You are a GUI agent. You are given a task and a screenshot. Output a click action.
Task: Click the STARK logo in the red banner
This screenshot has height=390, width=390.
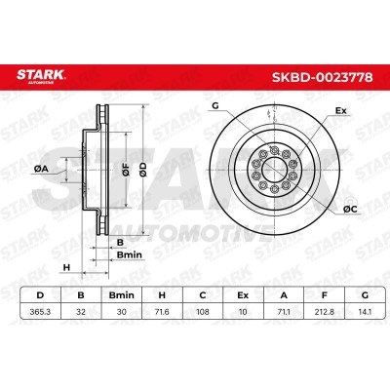(41, 76)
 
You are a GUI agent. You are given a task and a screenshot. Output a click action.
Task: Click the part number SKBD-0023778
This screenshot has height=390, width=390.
(322, 78)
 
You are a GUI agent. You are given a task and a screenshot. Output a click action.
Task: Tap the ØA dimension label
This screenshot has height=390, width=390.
(41, 169)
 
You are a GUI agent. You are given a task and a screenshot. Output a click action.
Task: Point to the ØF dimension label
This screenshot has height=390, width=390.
(126, 170)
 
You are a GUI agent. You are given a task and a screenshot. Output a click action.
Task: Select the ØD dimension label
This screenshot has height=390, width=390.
(143, 170)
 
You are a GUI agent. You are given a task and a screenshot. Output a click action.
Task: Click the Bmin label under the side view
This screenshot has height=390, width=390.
(130, 254)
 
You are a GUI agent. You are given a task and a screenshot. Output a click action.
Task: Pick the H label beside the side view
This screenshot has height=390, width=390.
(66, 268)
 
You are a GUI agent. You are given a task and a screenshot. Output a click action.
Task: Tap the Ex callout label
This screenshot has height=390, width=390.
(341, 111)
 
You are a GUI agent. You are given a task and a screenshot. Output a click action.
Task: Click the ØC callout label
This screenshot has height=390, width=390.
(350, 210)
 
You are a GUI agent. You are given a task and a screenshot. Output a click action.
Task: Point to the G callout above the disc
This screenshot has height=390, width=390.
(215, 105)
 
